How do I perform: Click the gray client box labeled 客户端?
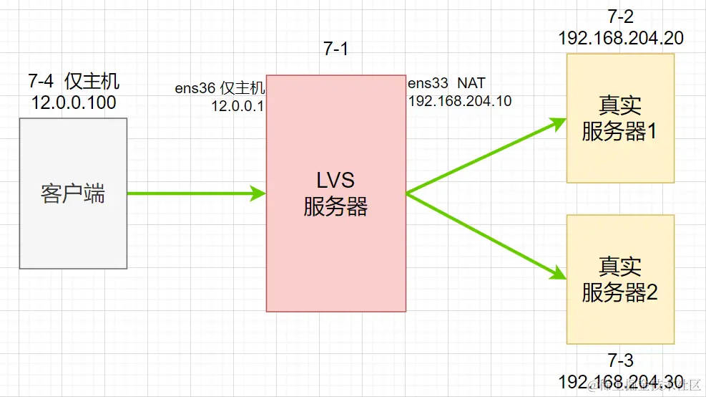pos(73,193)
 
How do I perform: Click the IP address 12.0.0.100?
pos(74,102)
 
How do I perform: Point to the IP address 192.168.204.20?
pos(621,38)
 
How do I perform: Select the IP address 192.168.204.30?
pos(620,381)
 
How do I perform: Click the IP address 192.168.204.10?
pos(459,101)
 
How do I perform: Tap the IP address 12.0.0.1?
pos(237,106)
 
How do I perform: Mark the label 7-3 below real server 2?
pos(619,360)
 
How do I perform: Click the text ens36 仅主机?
pos(220,89)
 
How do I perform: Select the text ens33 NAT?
pos(446,84)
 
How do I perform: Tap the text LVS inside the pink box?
pos(335,179)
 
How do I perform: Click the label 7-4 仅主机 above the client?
pos(74,80)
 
